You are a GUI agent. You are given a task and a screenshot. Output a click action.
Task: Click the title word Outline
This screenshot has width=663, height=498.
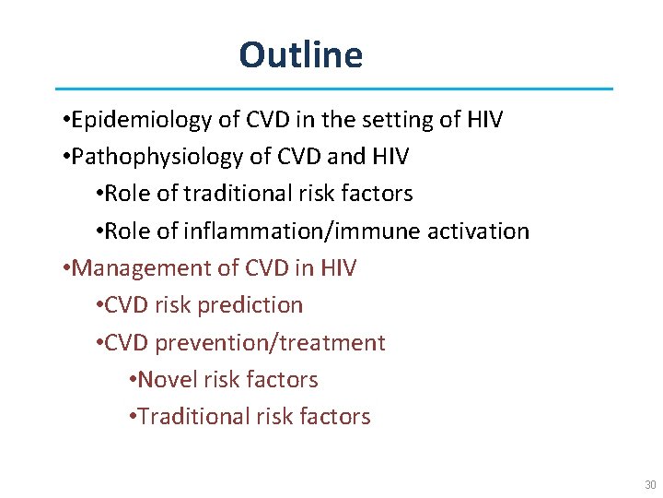[x=301, y=55]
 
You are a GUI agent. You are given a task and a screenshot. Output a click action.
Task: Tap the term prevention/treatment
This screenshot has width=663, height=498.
[x=271, y=342]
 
